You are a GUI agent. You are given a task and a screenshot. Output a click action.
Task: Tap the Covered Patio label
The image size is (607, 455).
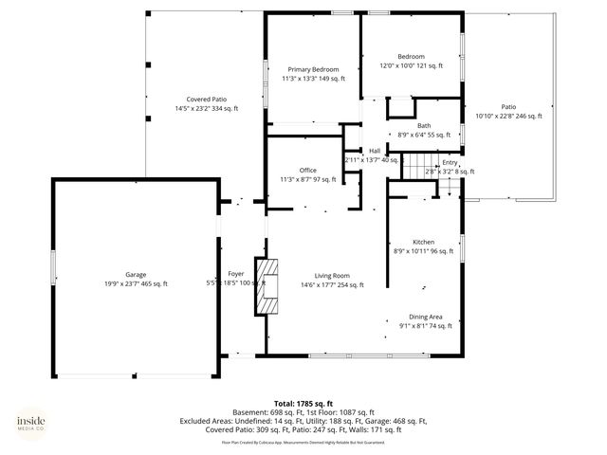point(206,100)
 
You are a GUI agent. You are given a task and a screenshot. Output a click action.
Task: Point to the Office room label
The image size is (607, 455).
point(307,170)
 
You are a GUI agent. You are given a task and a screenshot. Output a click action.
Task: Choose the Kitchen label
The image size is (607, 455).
point(423,242)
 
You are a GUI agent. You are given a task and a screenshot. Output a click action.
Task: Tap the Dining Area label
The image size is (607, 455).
point(425,317)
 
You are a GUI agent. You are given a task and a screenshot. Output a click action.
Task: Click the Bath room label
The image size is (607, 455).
point(423,126)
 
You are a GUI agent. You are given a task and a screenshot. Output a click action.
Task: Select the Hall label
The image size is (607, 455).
point(374,151)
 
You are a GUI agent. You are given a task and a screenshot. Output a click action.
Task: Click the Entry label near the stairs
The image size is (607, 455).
point(450,162)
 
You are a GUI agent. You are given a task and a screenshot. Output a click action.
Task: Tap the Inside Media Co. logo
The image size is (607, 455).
point(36,424)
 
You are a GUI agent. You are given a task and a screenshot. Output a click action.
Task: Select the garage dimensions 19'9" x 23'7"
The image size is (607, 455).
point(135,283)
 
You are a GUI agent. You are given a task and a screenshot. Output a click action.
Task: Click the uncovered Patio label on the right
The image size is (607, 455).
point(508,106)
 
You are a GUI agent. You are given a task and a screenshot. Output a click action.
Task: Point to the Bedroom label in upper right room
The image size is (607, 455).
point(411,57)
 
